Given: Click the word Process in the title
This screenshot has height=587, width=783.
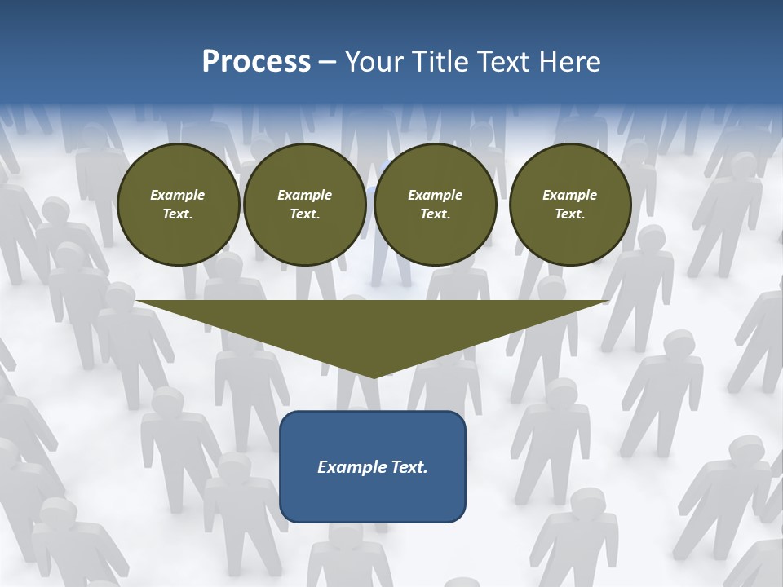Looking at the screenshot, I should click(x=256, y=62).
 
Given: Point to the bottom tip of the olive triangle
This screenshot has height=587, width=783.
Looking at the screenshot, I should click(x=374, y=376).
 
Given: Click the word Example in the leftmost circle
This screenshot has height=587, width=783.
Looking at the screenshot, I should click(x=178, y=195).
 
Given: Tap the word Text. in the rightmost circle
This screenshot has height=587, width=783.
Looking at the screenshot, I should click(x=570, y=214).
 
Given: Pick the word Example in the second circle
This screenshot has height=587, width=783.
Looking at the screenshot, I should click(x=305, y=195).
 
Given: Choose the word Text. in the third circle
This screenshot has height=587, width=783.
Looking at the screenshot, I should click(x=435, y=214).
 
